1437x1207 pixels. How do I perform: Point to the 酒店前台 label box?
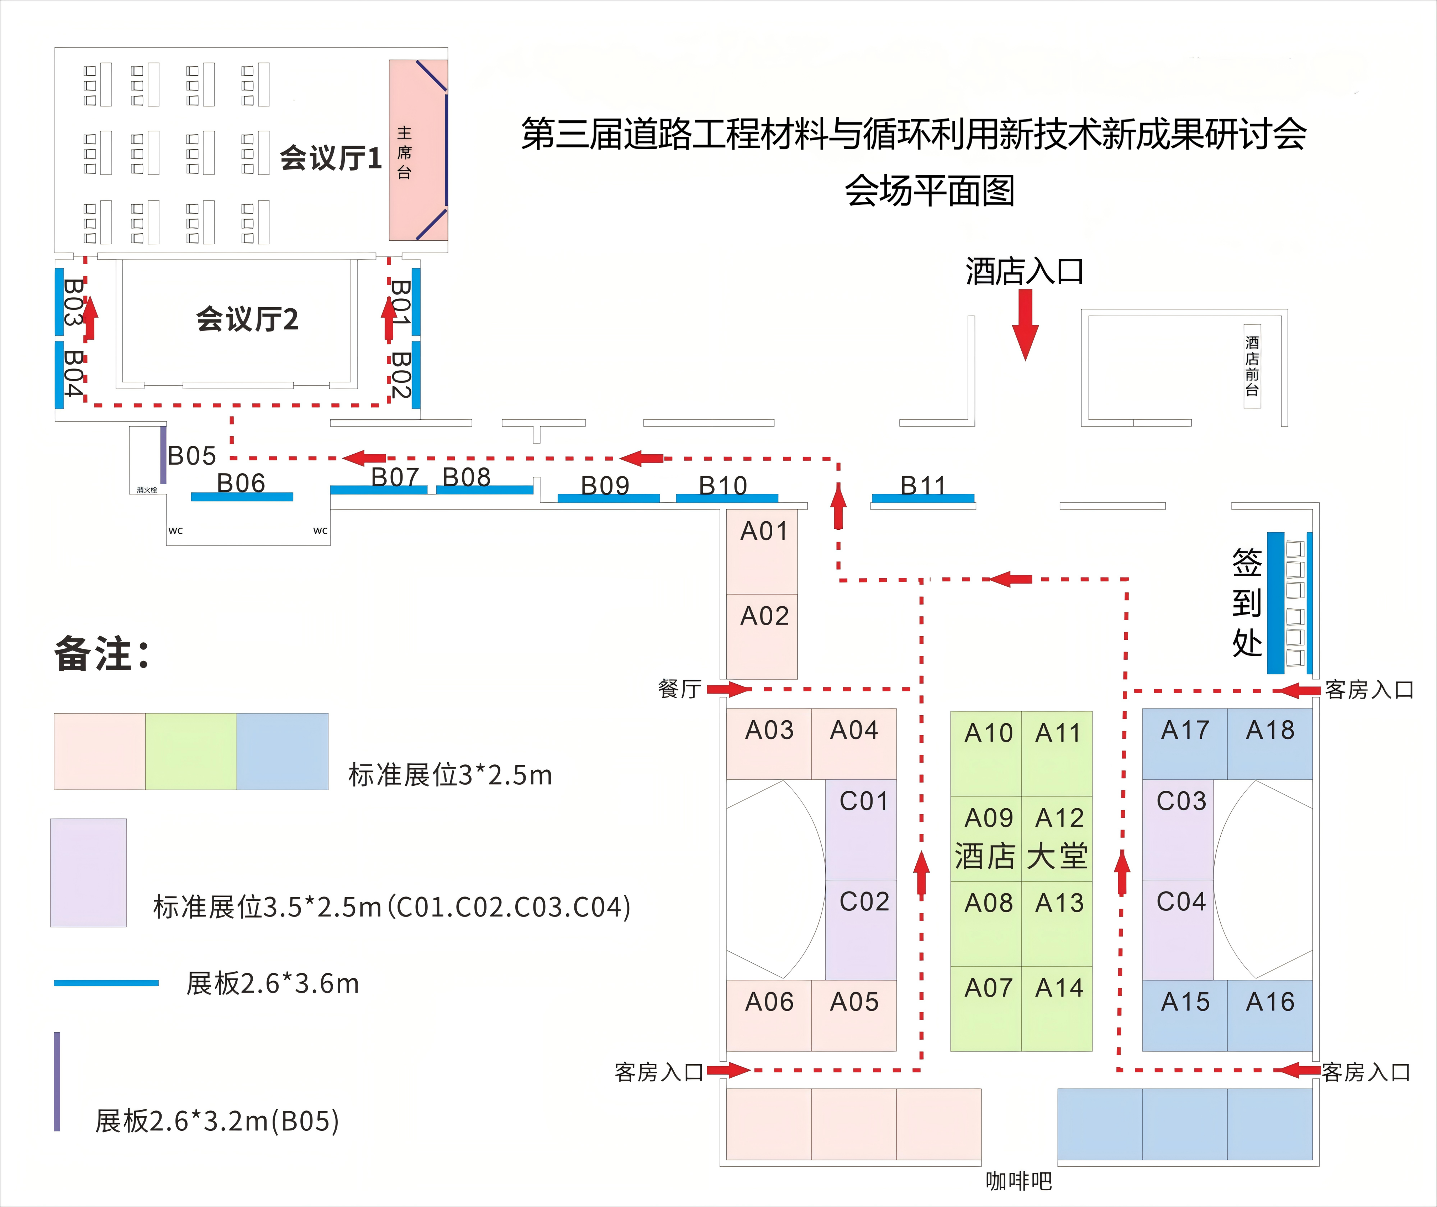coord(1252,366)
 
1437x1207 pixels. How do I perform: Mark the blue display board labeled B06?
coord(242,496)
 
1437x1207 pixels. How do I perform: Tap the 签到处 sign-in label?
coord(1247,602)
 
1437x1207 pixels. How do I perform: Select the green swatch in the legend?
coord(191,751)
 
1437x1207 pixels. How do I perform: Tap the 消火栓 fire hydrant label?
coord(147,490)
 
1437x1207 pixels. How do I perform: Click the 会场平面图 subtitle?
coord(929,190)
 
